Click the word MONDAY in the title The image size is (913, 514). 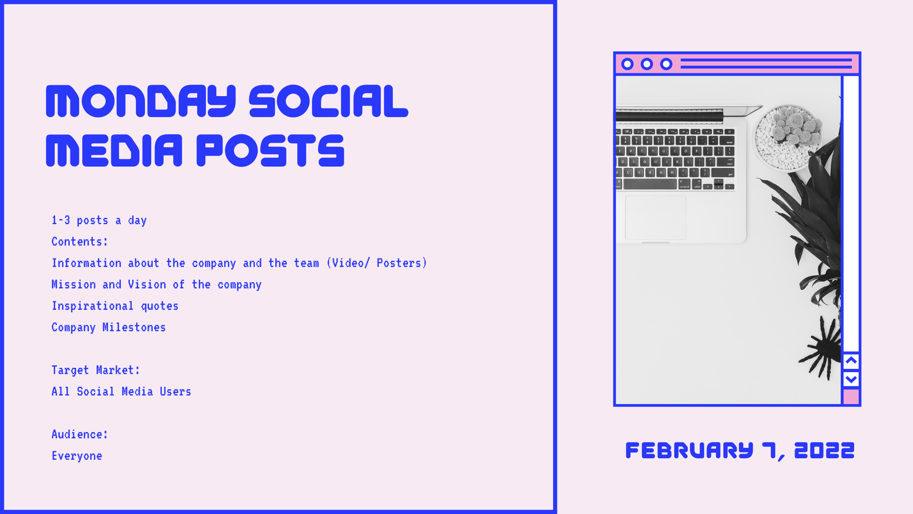(141, 101)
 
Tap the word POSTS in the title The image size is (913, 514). (270, 150)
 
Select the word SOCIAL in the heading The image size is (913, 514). (328, 101)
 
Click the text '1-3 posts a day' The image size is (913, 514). (99, 220)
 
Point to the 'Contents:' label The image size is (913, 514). (80, 242)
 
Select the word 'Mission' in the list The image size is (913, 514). (74, 285)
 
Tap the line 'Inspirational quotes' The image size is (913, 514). (115, 306)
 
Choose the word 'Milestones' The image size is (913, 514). (134, 327)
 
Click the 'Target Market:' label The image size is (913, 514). (96, 370)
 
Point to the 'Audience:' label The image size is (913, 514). (80, 435)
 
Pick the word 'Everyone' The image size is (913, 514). (77, 456)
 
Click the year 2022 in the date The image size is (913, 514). (825, 450)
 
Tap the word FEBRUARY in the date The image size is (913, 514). (690, 450)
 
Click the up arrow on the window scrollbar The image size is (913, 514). (851, 361)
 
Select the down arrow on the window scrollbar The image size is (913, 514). (851, 379)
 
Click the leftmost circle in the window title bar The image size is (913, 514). (627, 64)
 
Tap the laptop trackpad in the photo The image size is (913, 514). (655, 217)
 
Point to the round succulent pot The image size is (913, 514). (788, 138)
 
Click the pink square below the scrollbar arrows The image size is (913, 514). (851, 397)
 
